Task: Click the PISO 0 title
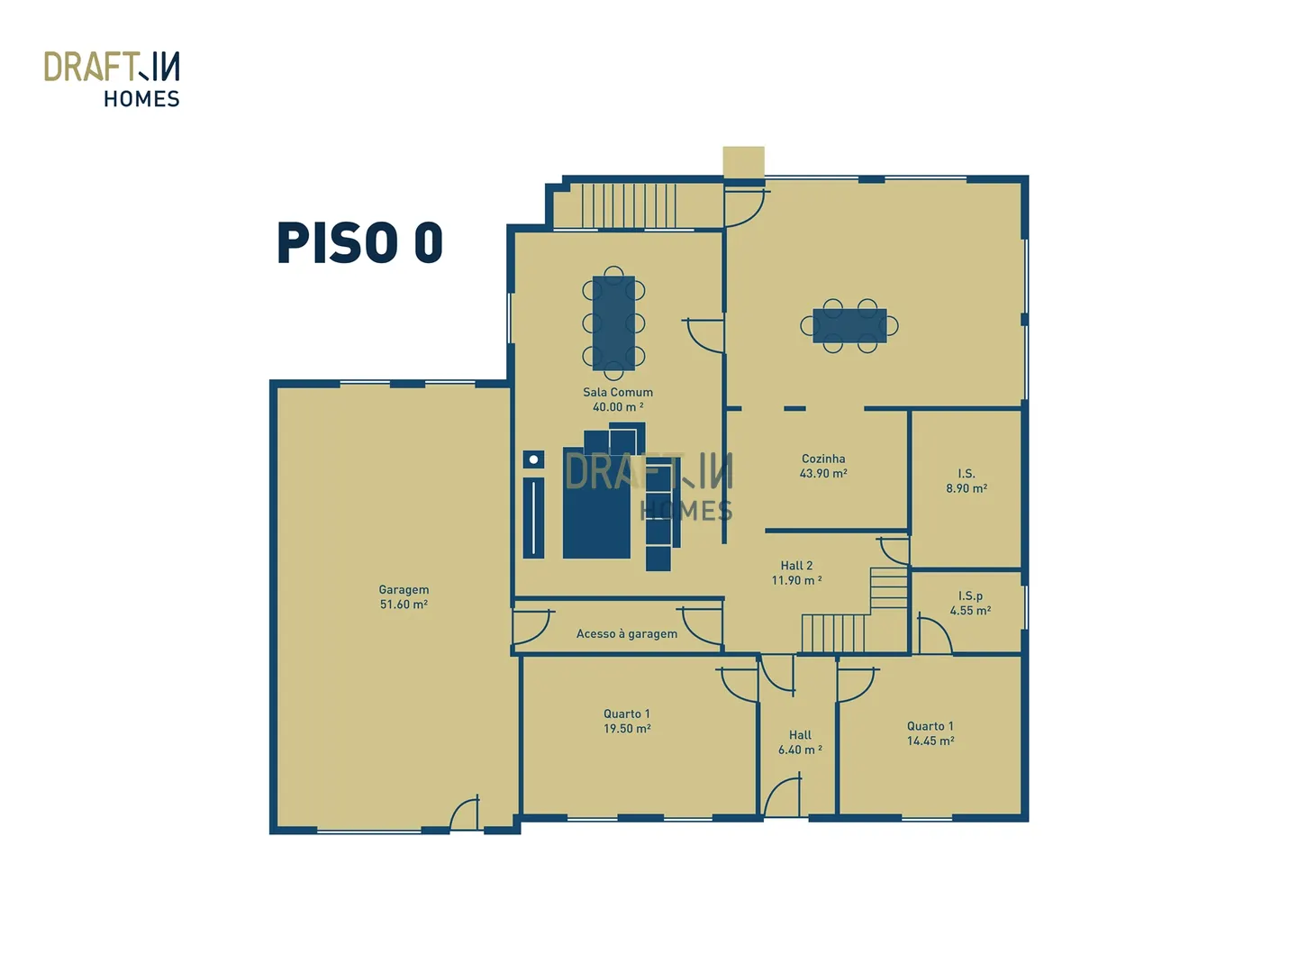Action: pyautogui.click(x=359, y=242)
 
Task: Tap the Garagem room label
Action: pyautogui.click(x=404, y=596)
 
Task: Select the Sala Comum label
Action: pyautogui.click(x=617, y=399)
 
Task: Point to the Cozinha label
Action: pyautogui.click(x=822, y=466)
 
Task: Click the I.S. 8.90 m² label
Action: pyautogui.click(x=966, y=480)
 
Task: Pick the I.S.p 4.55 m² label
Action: pyautogui.click(x=970, y=603)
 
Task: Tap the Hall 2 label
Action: pyautogui.click(x=796, y=573)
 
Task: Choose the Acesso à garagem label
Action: pyautogui.click(x=626, y=633)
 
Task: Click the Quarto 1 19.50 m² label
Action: pyautogui.click(x=627, y=721)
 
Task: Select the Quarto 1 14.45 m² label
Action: pyautogui.click(x=930, y=733)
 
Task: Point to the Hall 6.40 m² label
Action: pyautogui.click(x=800, y=741)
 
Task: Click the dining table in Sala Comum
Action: pyautogui.click(x=613, y=323)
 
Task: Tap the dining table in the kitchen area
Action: pyautogui.click(x=849, y=325)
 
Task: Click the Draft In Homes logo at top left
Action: pyautogui.click(x=112, y=78)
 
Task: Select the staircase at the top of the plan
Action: pyautogui.click(x=628, y=205)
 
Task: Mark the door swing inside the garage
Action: pyautogui.click(x=465, y=813)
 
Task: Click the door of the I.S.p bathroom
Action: pyautogui.click(x=934, y=633)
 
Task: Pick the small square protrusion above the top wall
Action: pyautogui.click(x=743, y=161)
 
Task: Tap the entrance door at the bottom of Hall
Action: pyautogui.click(x=782, y=796)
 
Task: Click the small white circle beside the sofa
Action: pyautogui.click(x=532, y=459)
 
